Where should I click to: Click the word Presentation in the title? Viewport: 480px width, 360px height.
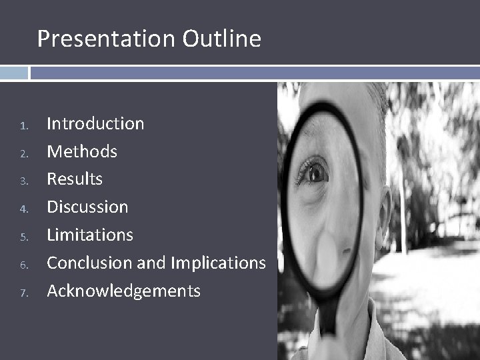click(x=107, y=39)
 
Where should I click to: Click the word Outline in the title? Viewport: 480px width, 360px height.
click(x=221, y=39)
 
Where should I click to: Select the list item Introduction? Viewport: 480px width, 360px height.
click(x=95, y=123)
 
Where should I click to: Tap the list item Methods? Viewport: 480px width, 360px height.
click(x=81, y=151)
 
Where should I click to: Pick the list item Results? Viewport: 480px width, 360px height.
click(x=75, y=179)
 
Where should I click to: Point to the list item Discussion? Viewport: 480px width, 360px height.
click(x=87, y=207)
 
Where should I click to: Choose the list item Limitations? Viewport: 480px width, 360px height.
click(x=90, y=235)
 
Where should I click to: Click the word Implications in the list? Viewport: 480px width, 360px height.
click(x=218, y=263)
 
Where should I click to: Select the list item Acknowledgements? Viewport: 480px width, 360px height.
click(x=123, y=291)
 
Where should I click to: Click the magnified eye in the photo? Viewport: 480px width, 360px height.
click(x=315, y=173)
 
